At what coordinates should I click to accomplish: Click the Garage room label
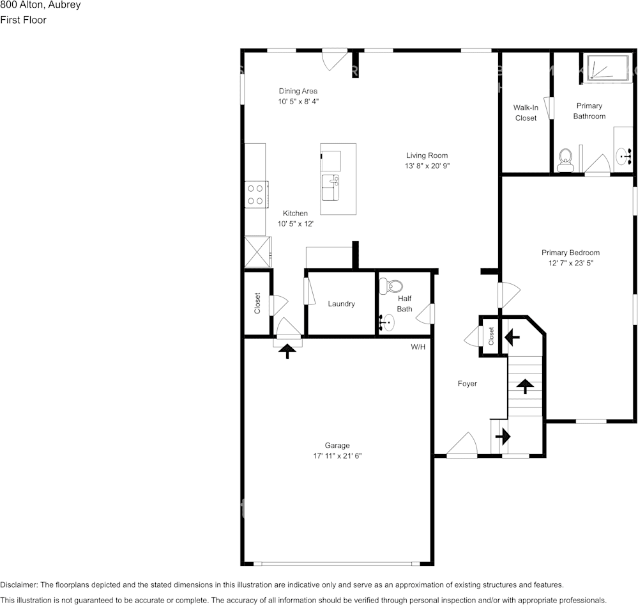pos(337,445)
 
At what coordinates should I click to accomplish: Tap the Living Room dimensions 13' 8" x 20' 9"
pos(427,166)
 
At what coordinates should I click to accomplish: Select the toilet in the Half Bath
pos(390,286)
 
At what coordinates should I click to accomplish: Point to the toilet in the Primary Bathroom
pos(565,161)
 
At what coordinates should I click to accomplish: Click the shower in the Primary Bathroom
pos(608,67)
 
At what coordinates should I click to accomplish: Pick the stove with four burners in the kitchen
pos(255,194)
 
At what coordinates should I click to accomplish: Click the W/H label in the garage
pos(418,347)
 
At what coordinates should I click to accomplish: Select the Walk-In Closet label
pos(526,113)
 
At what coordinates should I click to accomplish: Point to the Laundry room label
pos(341,304)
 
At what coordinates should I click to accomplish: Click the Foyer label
pos(467,384)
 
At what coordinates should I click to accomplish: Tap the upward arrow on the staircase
pos(525,386)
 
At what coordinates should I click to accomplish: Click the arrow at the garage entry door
pos(287,350)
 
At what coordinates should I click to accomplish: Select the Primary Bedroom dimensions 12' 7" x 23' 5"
pos(570,263)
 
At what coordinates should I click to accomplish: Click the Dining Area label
pos(298,91)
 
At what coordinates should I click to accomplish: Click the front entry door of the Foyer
pos(462,446)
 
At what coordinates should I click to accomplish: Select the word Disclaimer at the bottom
pos(19,585)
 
